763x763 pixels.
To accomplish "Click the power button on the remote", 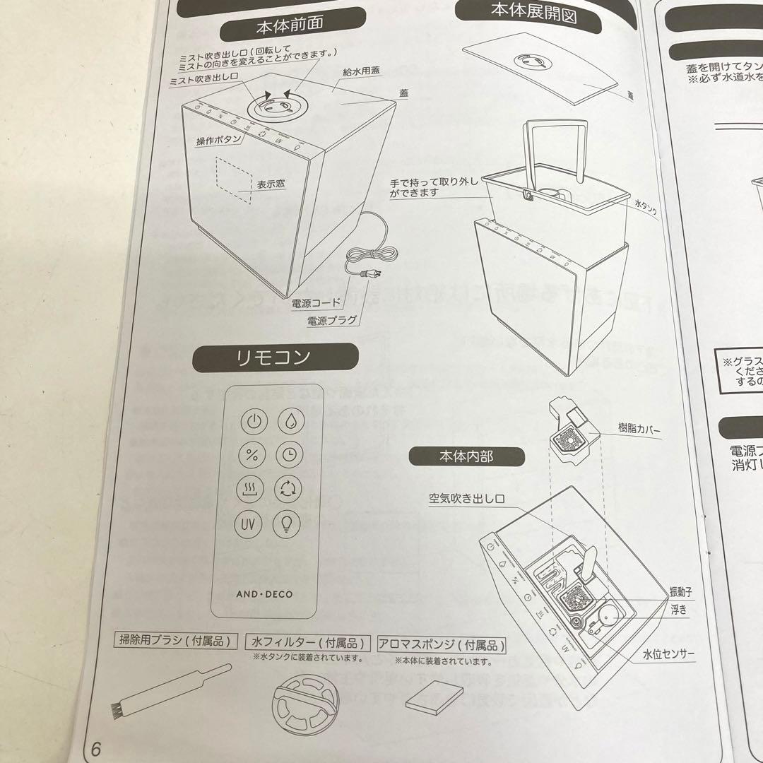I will (x=253, y=422).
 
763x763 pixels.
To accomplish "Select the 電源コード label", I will (x=316, y=303).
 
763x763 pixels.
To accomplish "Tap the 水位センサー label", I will (x=668, y=653).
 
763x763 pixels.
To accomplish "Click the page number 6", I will (x=96, y=750).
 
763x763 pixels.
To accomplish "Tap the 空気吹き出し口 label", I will (x=466, y=499).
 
